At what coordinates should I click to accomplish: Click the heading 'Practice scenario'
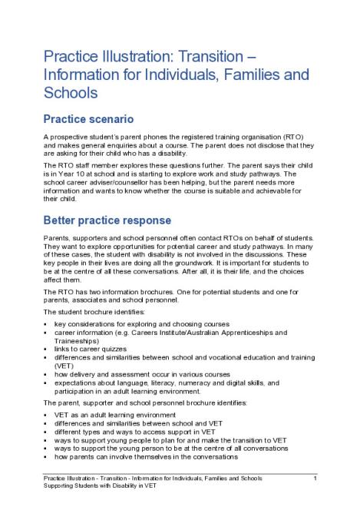pyautogui.click(x=88, y=119)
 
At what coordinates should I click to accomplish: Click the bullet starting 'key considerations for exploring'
pyautogui.click(x=141, y=324)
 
